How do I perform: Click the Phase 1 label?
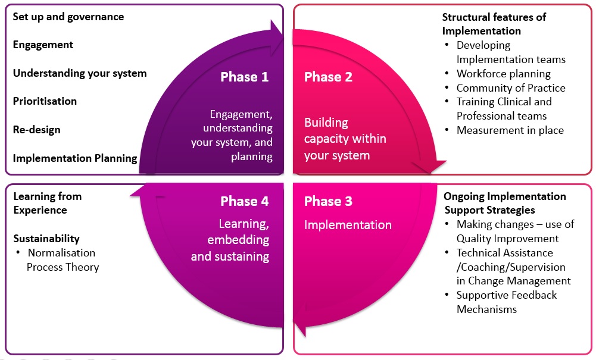[x=244, y=77]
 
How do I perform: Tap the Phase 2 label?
[x=328, y=77]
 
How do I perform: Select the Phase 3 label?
[x=328, y=201]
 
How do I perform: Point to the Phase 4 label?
[x=244, y=201]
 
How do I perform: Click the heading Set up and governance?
[x=68, y=17]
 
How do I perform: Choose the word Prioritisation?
[x=45, y=101]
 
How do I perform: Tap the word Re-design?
[x=36, y=130]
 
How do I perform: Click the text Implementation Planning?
[x=75, y=158]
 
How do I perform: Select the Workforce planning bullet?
[x=503, y=74]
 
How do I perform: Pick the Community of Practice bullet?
[x=510, y=88]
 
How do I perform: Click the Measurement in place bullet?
[x=510, y=130]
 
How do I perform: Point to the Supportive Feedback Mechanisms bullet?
[x=506, y=302]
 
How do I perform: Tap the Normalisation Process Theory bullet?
[x=62, y=260]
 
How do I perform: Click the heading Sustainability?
[x=46, y=239]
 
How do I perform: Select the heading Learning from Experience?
[x=47, y=203]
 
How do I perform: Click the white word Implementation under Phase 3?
[x=348, y=225]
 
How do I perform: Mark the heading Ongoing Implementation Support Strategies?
[x=505, y=203]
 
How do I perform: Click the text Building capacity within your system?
[x=345, y=139]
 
